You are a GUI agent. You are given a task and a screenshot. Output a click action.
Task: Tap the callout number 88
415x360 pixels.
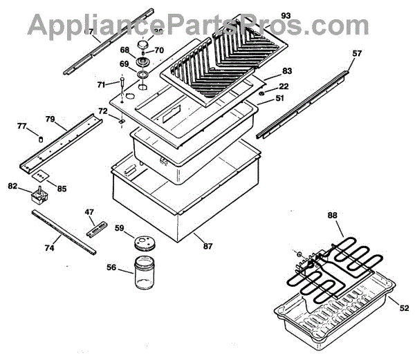click(x=333, y=215)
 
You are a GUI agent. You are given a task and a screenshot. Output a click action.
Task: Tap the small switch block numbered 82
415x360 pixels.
click(x=39, y=196)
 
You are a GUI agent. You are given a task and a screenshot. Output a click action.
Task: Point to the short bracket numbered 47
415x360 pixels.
click(x=96, y=229)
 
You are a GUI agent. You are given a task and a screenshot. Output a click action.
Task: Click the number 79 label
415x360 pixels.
click(x=50, y=119)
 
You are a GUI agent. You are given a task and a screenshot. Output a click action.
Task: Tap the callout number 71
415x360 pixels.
click(x=101, y=84)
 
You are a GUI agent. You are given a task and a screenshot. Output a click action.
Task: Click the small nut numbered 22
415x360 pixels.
click(x=263, y=93)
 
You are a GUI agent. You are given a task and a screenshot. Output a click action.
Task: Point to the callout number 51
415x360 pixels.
click(x=279, y=99)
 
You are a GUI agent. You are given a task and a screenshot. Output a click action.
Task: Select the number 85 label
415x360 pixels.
click(x=62, y=188)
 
